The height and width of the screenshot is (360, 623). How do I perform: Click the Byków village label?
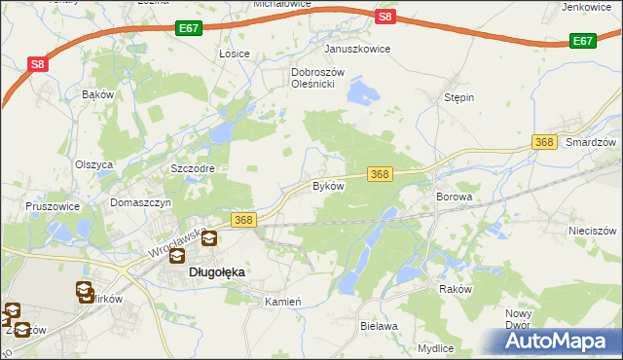point(328,185)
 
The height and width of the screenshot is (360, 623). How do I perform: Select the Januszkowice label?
point(357,49)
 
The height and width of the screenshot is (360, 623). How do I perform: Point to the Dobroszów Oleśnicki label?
point(313,78)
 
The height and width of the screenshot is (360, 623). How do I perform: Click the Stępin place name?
point(458,98)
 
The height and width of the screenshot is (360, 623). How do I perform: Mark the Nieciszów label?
point(592,232)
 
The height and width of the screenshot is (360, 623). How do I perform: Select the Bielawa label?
point(379,326)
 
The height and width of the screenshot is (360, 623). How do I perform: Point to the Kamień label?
point(283,302)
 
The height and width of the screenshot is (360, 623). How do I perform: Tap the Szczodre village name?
point(192,168)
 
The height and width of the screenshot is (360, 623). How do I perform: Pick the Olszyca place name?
point(94,164)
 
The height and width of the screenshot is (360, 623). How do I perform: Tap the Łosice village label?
point(235,54)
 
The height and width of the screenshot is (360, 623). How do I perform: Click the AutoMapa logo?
point(556,342)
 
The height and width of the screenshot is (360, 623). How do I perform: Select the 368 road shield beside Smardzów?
point(545,143)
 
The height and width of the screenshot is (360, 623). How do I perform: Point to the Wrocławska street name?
point(176,245)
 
